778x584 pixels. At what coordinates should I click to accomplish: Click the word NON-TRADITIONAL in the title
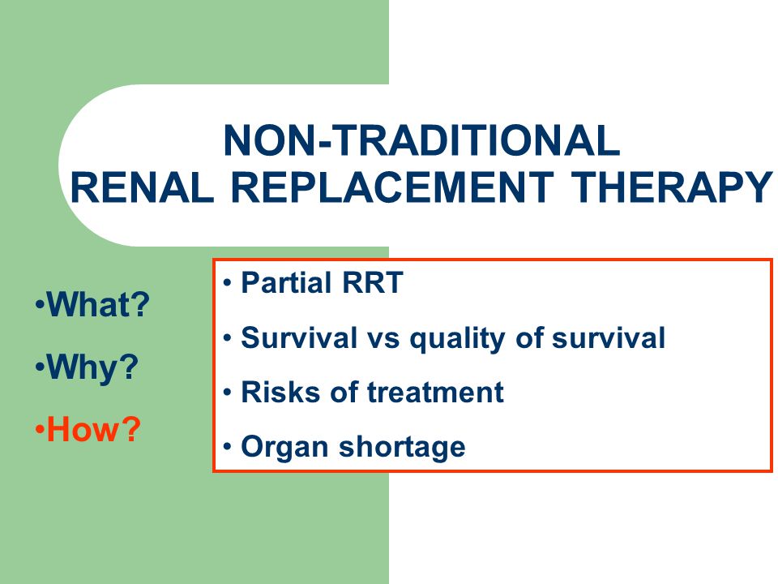tap(421, 140)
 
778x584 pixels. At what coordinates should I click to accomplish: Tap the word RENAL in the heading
tap(142, 187)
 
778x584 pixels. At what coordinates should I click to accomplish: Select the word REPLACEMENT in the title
tap(392, 187)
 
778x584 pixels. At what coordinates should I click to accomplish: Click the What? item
tap(92, 304)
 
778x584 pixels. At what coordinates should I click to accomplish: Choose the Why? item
tap(88, 367)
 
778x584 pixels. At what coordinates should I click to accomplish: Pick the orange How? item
tap(88, 429)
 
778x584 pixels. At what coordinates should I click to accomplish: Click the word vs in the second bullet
tap(383, 339)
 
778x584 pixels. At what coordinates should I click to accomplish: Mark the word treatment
tap(435, 392)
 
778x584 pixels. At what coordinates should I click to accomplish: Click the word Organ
tap(284, 447)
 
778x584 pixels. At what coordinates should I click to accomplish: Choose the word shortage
tap(402, 447)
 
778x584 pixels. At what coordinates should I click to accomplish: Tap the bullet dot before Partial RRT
tap(227, 283)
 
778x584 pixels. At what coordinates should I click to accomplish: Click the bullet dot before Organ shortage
tap(227, 446)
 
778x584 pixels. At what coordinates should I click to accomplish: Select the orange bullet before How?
tap(40, 430)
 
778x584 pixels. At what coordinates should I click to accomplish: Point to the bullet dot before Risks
tap(227, 393)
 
